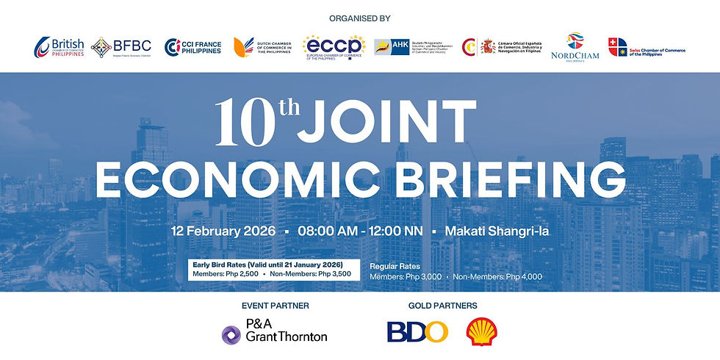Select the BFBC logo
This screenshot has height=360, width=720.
[x=121, y=48]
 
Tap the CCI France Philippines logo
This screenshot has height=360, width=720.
[x=192, y=48]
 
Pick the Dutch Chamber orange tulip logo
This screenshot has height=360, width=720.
[x=241, y=47]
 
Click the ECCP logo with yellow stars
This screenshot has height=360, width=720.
[x=334, y=48]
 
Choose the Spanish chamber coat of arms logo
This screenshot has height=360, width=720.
[x=488, y=48]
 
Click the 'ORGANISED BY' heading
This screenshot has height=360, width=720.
[x=360, y=18]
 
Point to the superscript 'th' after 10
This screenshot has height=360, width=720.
[x=287, y=109]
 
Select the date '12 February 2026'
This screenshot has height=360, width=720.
[x=223, y=231]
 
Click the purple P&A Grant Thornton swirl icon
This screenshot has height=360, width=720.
[x=232, y=335]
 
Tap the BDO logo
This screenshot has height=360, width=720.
[x=417, y=332]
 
